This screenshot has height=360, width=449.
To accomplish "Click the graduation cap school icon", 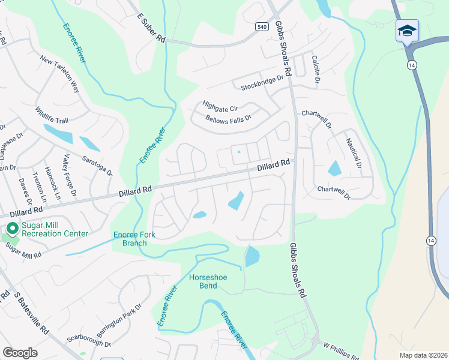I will (x=407, y=31).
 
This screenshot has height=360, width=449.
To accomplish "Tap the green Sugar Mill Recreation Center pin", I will (x=11, y=229).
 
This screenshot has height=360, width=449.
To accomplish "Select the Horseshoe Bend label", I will (x=207, y=282).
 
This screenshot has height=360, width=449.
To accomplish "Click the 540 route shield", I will (x=261, y=26).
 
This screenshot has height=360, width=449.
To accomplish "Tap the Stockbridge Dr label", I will (x=262, y=83).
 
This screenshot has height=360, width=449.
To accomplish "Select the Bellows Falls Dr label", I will (x=228, y=119).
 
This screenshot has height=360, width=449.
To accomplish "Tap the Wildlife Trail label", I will (x=52, y=116).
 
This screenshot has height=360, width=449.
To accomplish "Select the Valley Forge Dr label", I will (x=69, y=175).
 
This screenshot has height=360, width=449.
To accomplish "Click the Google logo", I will (x=20, y=353).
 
